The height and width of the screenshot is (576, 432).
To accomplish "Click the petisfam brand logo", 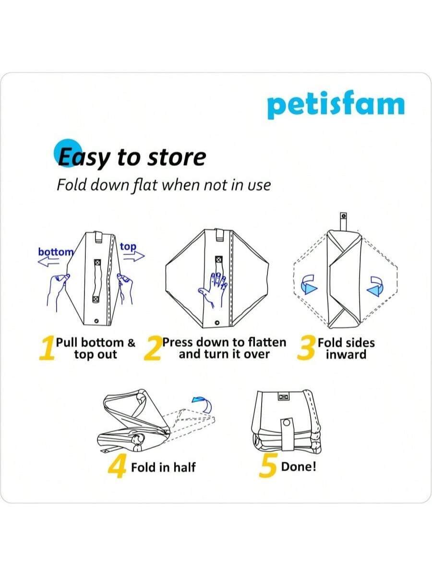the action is point(336,105).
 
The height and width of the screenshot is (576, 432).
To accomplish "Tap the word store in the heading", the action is point(177,157).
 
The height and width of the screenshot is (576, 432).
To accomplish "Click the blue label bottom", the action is point(56,252).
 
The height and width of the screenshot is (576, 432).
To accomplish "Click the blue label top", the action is point(128,247).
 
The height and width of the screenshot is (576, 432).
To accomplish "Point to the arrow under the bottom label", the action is point(48,262).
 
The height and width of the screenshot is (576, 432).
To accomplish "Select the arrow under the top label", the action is point(134,256).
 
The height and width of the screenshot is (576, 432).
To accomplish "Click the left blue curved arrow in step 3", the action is point(309,285).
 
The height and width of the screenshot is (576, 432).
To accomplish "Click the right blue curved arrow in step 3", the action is point(376,286).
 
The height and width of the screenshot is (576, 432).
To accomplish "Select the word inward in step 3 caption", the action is point(346,355).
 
